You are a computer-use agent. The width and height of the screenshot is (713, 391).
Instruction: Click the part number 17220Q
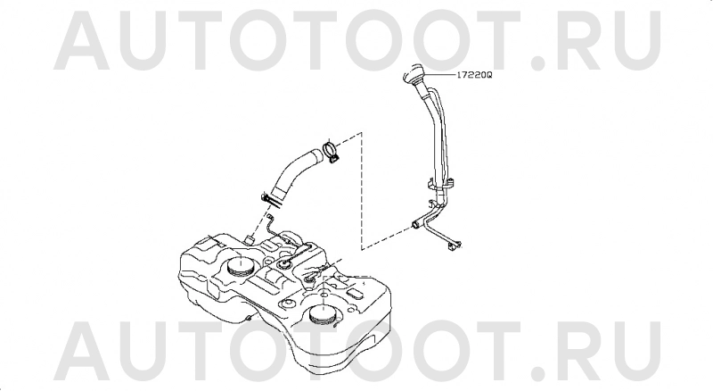(x=474, y=75)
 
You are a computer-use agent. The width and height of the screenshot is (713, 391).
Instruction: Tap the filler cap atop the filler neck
(x=413, y=73)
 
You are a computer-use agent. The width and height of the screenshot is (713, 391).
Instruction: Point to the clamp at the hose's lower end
(x=272, y=200)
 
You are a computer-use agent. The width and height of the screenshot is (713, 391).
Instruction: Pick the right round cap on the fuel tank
(x=323, y=314)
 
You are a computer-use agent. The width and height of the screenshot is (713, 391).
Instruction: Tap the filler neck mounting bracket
(x=441, y=184)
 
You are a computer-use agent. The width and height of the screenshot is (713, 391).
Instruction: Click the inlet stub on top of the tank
(x=250, y=239)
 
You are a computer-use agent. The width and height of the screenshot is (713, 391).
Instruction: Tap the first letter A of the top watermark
(x=82, y=40)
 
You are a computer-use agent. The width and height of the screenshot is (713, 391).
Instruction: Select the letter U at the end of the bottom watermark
(x=636, y=350)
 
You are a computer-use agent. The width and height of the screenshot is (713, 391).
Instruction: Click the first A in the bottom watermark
(x=82, y=350)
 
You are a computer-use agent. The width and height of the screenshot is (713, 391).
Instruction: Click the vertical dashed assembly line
(x=362, y=190)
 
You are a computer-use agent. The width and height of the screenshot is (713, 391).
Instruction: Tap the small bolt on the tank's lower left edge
(x=249, y=318)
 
